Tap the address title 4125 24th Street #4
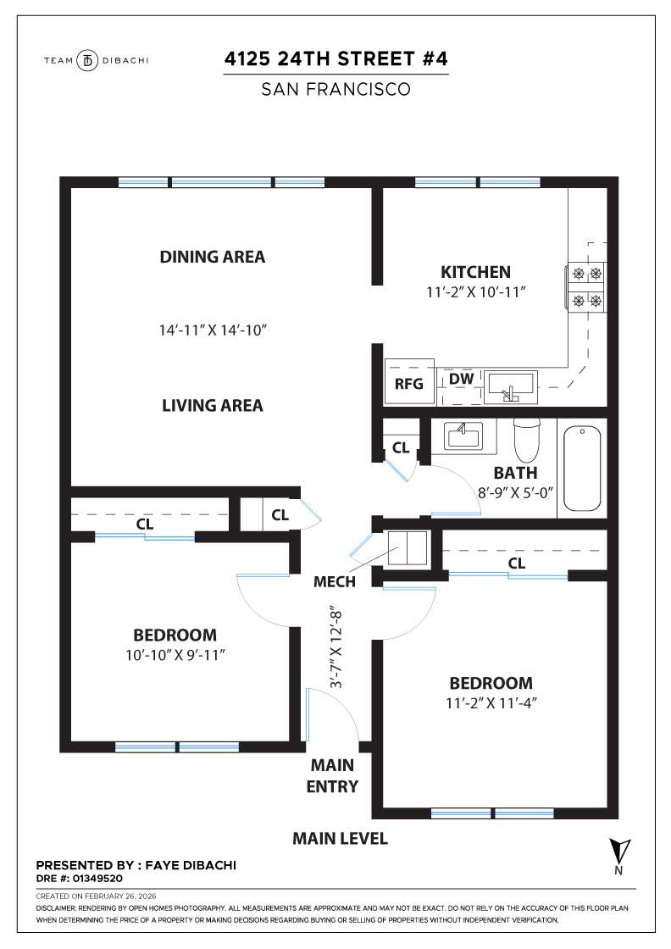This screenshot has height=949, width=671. [335, 59]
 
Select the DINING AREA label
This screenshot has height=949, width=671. [212, 257]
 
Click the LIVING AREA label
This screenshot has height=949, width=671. [212, 406]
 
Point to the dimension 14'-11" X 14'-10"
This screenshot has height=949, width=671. [213, 329]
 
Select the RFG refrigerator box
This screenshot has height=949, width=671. [408, 383]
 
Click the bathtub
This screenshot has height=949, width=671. [582, 468]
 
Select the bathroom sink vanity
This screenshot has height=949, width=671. [463, 436]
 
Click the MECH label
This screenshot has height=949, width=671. [334, 582]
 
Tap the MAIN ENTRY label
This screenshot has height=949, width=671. [332, 776]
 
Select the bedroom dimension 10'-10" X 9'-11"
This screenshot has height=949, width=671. [175, 654]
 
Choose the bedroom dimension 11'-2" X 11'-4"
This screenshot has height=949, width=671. [491, 702]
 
